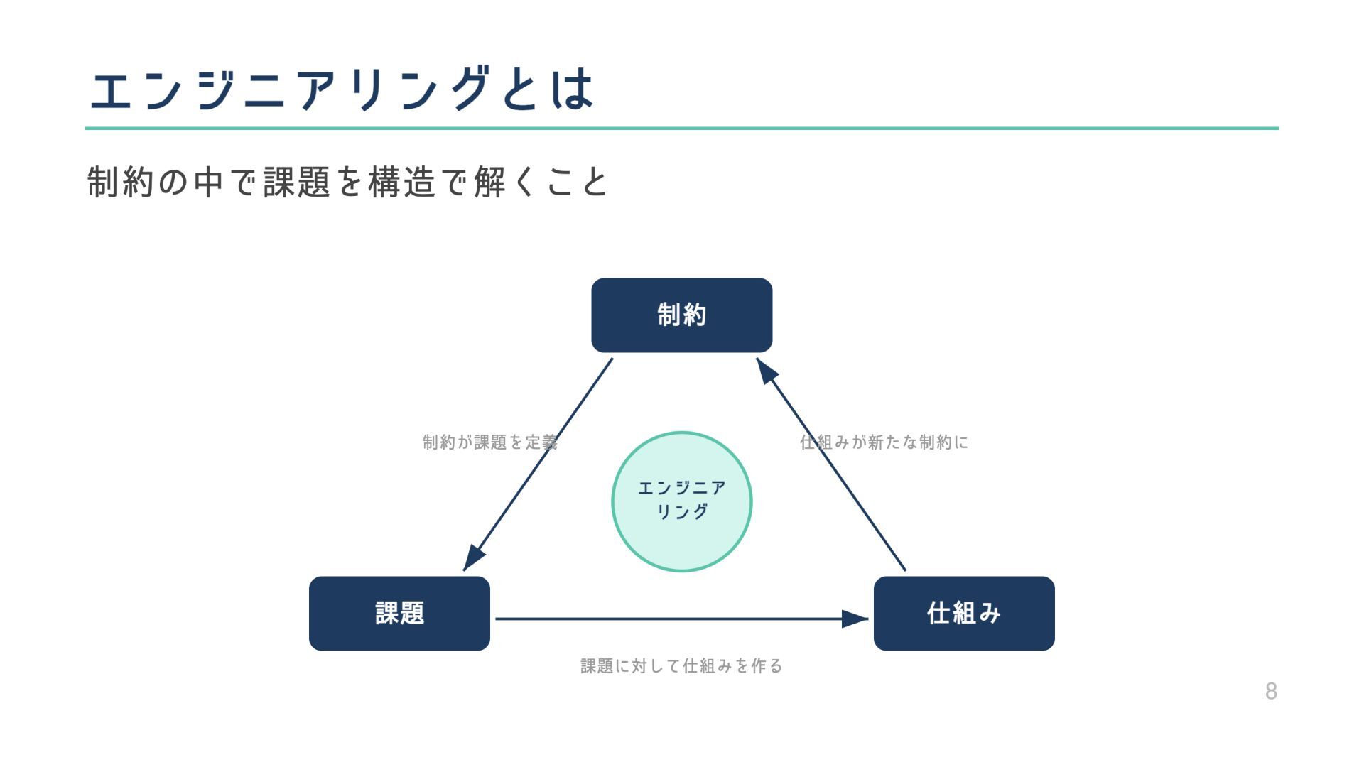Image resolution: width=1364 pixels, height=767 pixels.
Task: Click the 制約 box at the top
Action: coord(681,315)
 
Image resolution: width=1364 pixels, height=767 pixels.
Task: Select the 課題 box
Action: coord(399,614)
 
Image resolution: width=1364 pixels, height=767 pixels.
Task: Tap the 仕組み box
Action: coord(963,614)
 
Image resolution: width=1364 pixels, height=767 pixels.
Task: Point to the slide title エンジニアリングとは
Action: coord(342,89)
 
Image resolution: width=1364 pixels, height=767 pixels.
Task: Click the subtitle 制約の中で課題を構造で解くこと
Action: coord(347,182)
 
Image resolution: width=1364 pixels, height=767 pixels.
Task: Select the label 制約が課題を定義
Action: coord(489,442)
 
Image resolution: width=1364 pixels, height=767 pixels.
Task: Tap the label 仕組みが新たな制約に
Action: coord(884,442)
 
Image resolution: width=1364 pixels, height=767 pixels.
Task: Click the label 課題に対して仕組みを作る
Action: coord(681,666)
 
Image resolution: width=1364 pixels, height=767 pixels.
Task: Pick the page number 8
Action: coord(1271,691)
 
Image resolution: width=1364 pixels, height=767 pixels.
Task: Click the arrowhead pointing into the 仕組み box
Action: coord(855,619)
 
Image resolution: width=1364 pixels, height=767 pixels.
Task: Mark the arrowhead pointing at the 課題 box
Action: coord(472,559)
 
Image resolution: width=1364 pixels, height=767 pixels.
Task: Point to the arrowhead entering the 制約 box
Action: coord(767,370)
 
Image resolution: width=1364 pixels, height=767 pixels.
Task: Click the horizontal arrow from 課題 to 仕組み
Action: coord(668,619)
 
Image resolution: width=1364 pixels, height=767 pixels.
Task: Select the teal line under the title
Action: coord(681,129)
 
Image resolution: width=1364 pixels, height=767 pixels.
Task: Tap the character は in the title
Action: coord(573,89)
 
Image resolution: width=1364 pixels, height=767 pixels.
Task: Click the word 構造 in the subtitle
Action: coord(401,182)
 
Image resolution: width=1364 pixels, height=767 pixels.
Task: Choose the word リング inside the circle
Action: coord(681,511)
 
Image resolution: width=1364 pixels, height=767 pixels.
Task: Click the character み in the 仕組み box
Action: coord(988,614)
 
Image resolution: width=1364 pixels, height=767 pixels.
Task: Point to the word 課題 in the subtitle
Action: coord(296,182)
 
